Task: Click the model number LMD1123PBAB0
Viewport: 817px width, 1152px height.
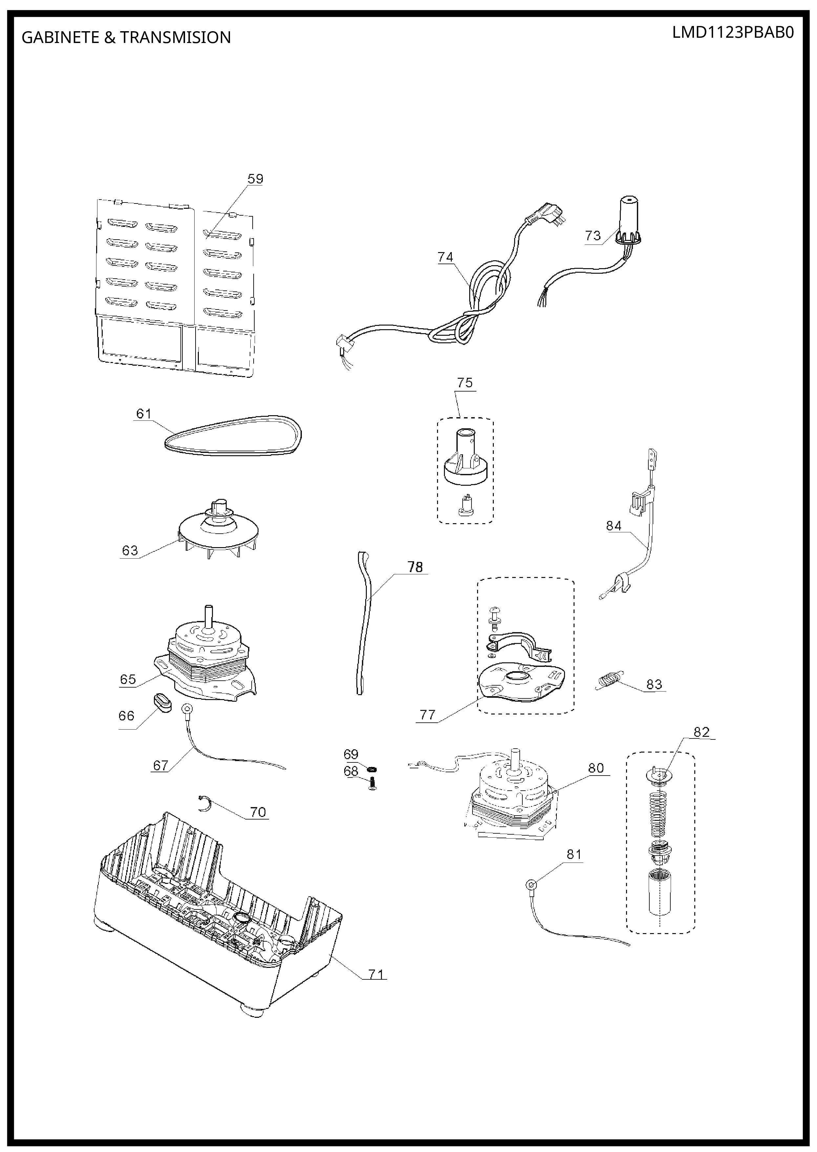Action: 733,33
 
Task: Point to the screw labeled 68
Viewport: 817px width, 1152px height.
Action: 372,783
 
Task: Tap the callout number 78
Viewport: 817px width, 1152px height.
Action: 415,567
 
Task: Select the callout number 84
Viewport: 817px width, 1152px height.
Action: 614,526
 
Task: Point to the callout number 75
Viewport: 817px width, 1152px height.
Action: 465,382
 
